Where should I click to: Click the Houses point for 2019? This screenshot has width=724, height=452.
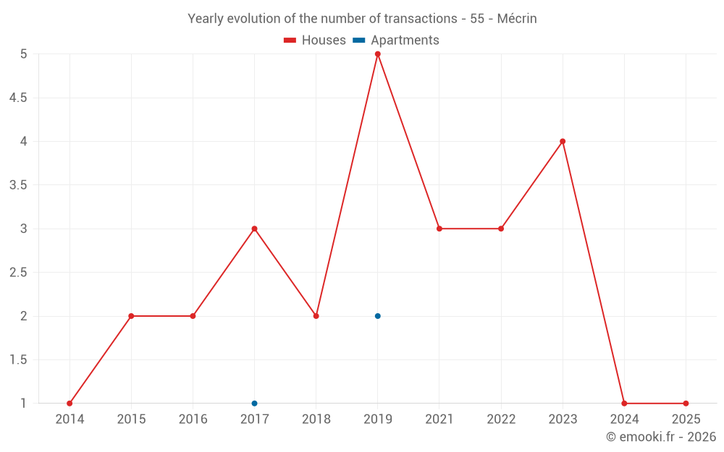(378, 54)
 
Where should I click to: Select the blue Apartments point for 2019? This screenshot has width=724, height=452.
(378, 316)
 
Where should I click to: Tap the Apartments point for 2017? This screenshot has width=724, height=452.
(254, 404)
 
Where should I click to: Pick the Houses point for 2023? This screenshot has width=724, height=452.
(563, 141)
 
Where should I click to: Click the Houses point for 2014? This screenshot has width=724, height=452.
(70, 404)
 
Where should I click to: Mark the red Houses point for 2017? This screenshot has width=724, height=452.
(254, 229)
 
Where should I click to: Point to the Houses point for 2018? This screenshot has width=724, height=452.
(316, 316)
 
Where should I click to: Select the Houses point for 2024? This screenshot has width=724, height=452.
(624, 404)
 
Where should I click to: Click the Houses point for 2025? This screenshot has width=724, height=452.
(686, 404)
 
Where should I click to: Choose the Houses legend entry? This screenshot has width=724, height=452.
(315, 40)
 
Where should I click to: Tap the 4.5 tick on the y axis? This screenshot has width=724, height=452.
(18, 98)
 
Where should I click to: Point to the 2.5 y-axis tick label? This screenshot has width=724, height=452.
(18, 273)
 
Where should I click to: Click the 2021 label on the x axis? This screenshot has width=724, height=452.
(439, 419)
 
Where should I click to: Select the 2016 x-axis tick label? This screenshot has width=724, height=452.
(193, 419)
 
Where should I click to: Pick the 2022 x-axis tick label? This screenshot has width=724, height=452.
(501, 419)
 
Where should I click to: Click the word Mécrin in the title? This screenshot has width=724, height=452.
(517, 19)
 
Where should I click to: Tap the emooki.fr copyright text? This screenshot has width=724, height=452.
(661, 437)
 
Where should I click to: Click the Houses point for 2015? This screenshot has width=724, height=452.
(131, 316)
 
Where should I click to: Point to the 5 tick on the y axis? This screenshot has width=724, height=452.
(24, 54)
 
